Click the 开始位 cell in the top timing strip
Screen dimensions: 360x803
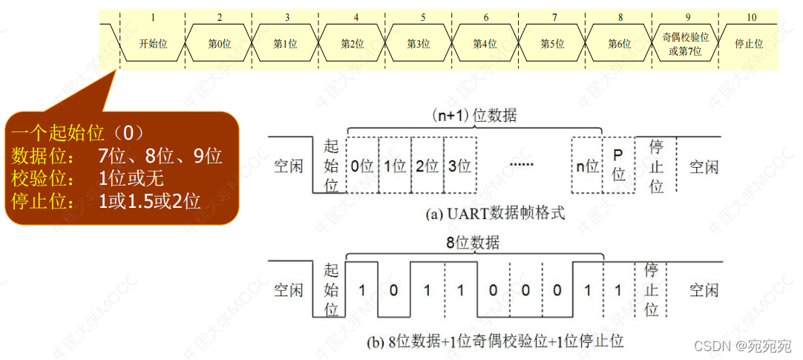153,44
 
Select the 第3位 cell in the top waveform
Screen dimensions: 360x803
418,44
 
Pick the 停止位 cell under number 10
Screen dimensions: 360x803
749,44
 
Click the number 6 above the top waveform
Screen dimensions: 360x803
485,16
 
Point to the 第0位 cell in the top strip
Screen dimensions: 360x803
219,44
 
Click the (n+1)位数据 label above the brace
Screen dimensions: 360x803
475,116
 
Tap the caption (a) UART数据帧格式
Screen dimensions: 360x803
495,214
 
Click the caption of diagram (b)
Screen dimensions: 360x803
495,342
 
